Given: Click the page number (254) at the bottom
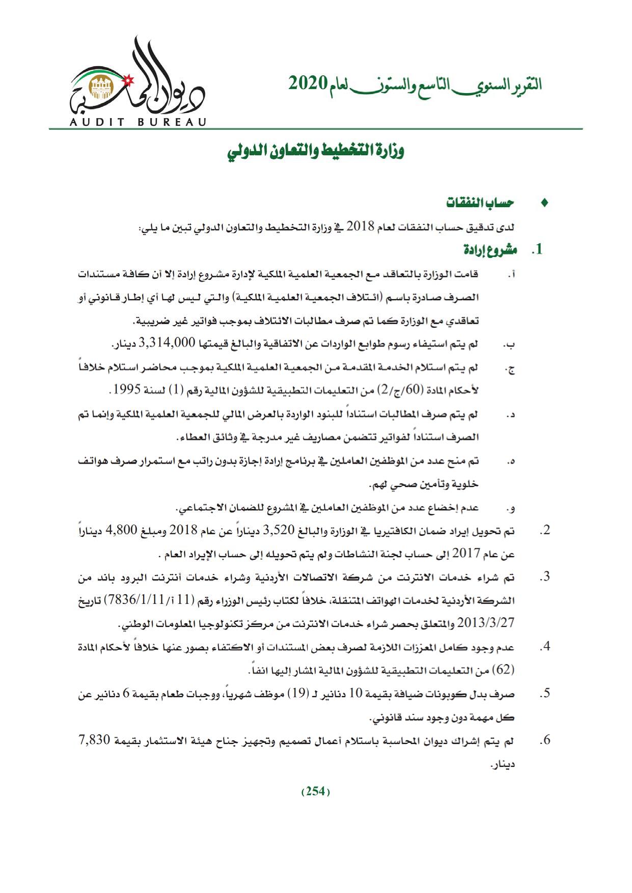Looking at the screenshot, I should pos(316,792).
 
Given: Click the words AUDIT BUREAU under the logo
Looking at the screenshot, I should pos(138,122).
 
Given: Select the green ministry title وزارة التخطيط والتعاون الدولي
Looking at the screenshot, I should pos(316,152).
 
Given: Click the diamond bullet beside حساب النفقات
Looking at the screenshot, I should pos(544,203).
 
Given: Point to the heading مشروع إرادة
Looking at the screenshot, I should pos(490,250).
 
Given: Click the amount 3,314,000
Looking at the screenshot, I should pos(167,343).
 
